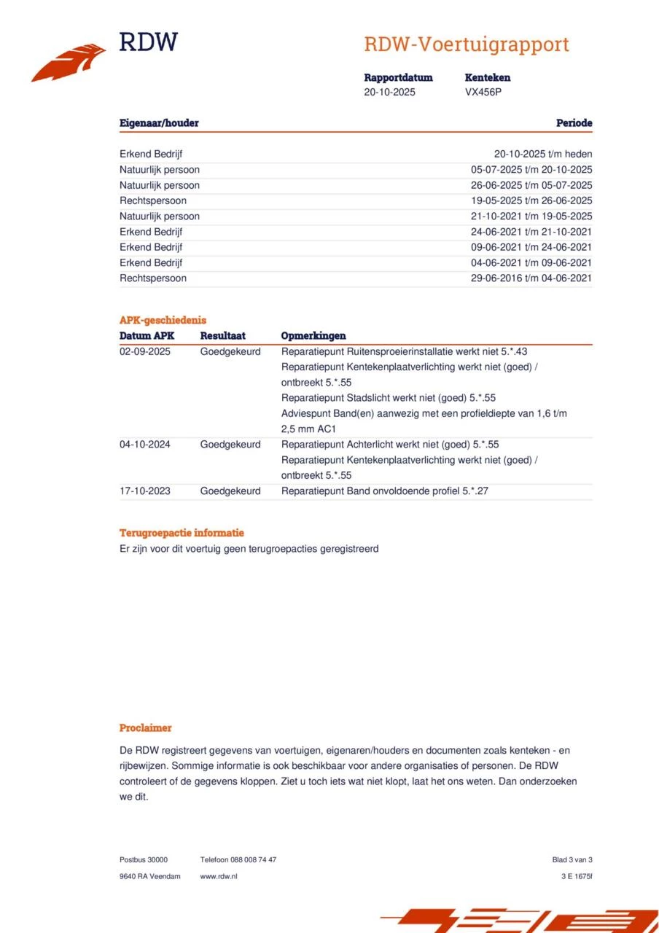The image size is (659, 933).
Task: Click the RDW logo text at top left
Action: [x=148, y=42]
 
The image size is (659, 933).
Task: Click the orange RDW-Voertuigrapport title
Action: [x=466, y=44]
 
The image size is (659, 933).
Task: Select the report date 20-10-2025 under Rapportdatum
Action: [x=389, y=93]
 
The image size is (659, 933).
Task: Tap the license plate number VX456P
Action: [x=483, y=93]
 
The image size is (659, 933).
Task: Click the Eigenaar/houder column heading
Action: [x=159, y=123]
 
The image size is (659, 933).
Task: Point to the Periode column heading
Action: [x=574, y=123]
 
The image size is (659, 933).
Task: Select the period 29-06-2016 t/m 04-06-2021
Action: [x=531, y=278]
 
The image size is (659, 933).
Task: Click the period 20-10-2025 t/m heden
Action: [x=542, y=154]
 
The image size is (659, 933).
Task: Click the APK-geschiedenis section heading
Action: [x=163, y=320]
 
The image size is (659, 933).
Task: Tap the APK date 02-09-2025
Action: [x=145, y=351]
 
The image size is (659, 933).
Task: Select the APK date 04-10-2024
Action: [x=145, y=445]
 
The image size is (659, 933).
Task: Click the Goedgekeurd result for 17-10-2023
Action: [x=230, y=491]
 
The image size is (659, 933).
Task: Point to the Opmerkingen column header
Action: [x=313, y=336]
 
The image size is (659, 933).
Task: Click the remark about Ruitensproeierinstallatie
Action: [x=404, y=351]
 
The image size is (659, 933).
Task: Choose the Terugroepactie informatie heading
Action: [x=182, y=533]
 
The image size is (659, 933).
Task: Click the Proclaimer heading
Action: [x=146, y=728]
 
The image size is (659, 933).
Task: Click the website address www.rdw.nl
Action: [x=219, y=876]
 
